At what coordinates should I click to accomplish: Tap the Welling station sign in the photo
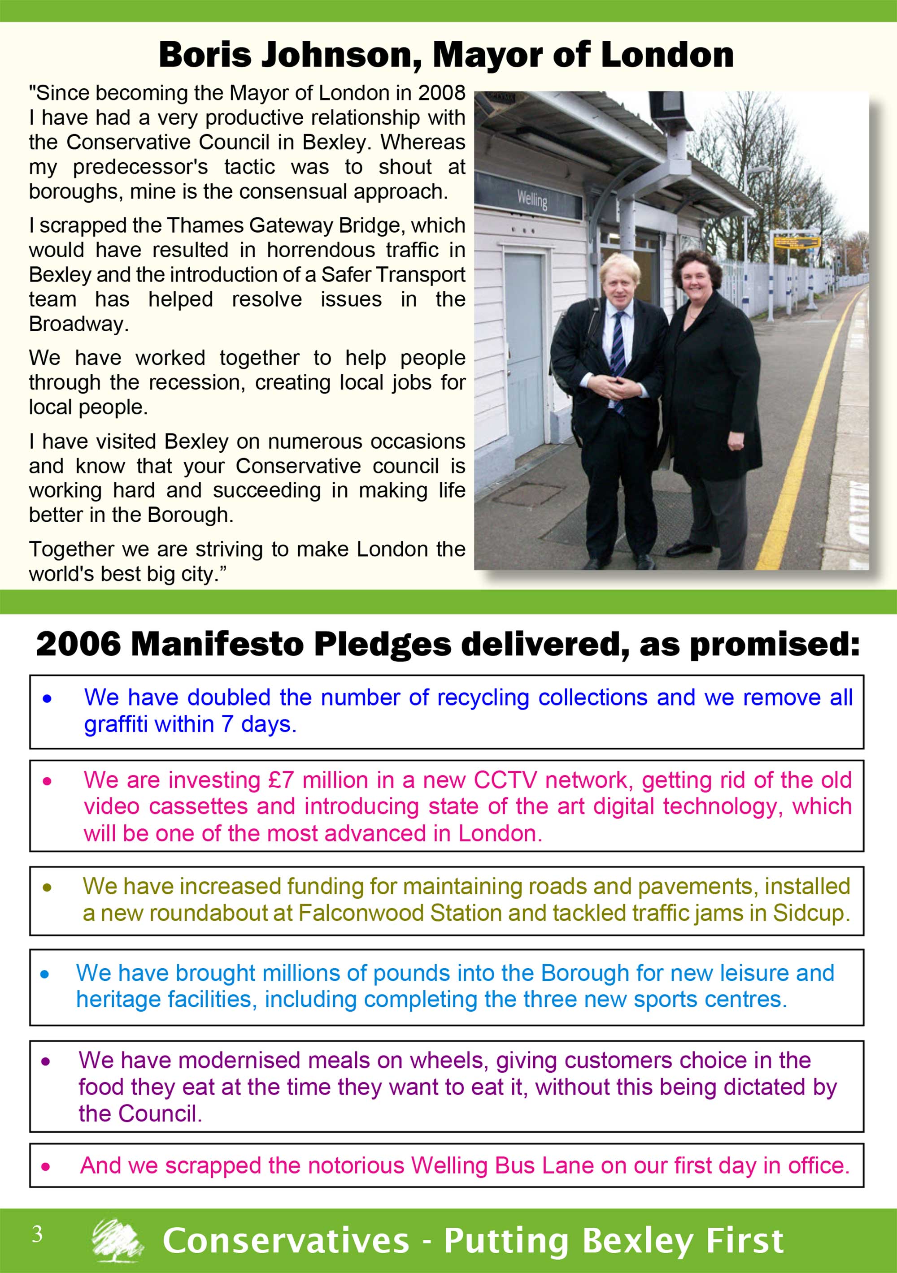point(532,199)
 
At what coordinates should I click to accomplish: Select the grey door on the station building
point(524,344)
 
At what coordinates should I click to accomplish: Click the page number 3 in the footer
point(37,1234)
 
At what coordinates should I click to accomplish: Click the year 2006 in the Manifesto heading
point(78,645)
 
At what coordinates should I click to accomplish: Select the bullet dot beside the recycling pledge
point(47,699)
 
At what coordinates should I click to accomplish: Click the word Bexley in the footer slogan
point(636,1240)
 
